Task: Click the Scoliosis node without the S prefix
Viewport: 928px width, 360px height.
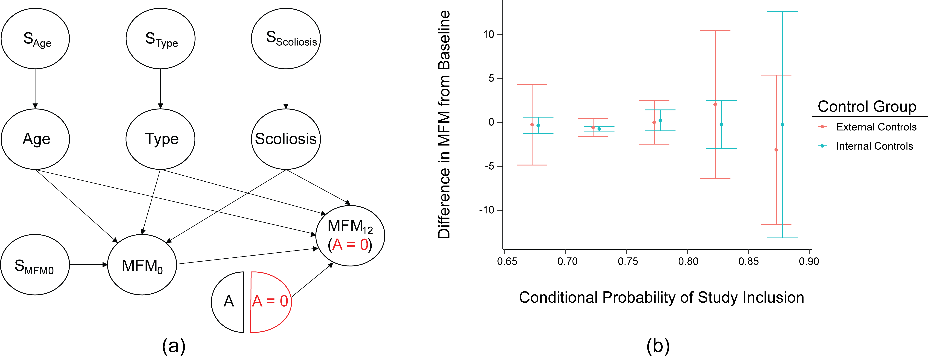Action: click(x=286, y=139)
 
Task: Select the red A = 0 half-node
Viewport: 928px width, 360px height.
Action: click(x=270, y=302)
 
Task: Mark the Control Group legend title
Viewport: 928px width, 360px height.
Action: click(x=867, y=107)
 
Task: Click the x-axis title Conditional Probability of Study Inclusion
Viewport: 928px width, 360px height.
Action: click(x=661, y=298)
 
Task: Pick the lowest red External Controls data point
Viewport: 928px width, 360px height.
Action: click(x=776, y=150)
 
